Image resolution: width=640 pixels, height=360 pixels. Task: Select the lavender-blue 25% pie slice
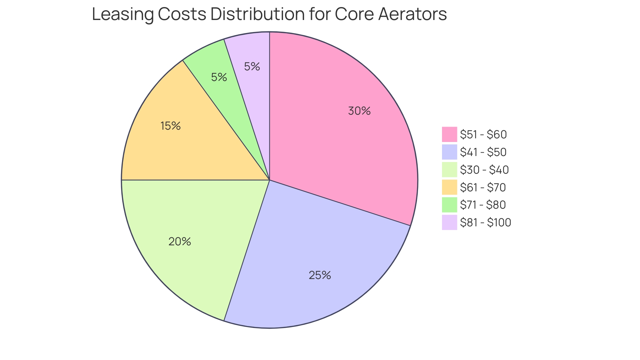[x=300, y=253]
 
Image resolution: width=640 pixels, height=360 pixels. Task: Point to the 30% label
[x=359, y=111]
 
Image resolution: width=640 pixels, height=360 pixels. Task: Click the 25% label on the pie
[x=320, y=275]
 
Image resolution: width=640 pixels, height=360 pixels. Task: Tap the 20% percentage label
[x=180, y=242]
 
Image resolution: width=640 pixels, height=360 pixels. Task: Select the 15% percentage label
[x=170, y=126]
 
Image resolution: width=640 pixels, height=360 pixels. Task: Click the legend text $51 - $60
[x=483, y=134]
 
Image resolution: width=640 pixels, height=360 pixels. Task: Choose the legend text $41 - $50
[x=483, y=152]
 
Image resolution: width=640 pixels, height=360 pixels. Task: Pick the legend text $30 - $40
[x=484, y=170]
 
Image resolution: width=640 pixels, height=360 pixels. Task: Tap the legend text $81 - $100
[x=485, y=222]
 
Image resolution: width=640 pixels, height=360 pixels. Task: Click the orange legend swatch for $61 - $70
[x=449, y=187]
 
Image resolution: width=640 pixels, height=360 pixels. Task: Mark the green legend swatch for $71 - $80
[x=449, y=205]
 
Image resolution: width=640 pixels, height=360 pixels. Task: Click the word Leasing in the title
[x=122, y=15]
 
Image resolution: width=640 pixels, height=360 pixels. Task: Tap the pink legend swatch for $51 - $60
[x=449, y=134]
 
